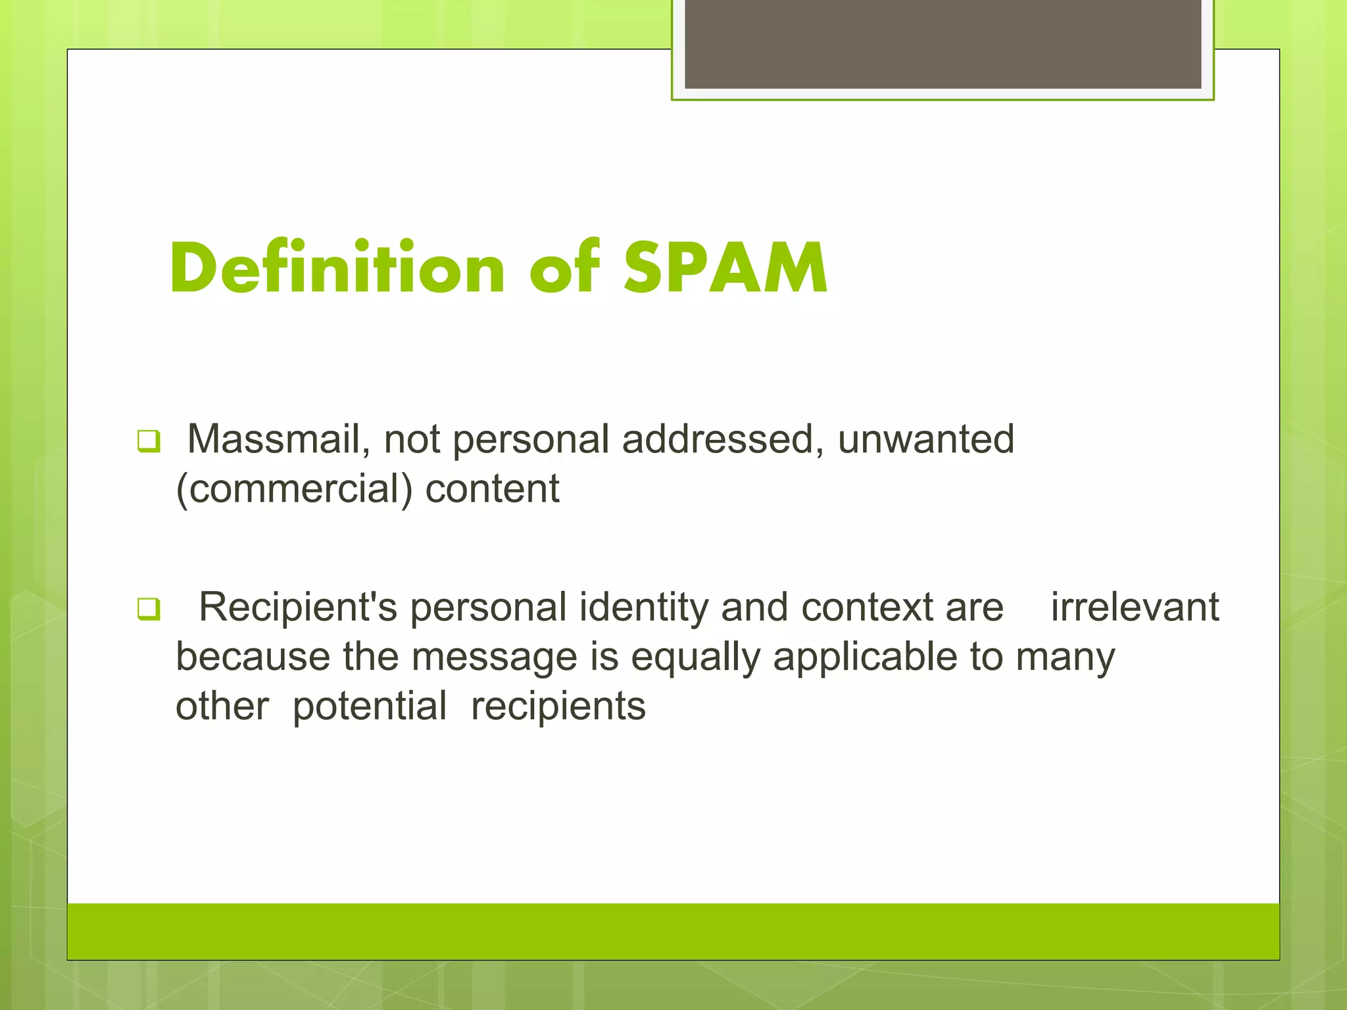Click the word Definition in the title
337,268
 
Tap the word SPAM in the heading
725,268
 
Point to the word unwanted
925,439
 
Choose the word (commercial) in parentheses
294,489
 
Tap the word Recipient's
298,607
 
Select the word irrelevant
1135,607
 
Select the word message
495,658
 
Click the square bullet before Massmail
149,441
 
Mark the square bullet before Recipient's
149,609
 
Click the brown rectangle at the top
943,44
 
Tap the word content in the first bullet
493,489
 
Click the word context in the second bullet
866,607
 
